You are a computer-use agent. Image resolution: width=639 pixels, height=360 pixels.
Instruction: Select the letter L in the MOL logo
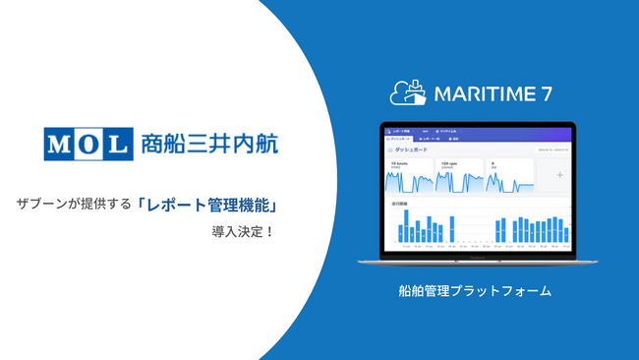(117, 145)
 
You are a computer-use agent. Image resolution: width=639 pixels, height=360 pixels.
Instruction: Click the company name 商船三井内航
(208, 145)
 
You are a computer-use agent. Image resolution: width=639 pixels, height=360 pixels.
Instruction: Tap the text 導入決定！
(239, 233)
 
